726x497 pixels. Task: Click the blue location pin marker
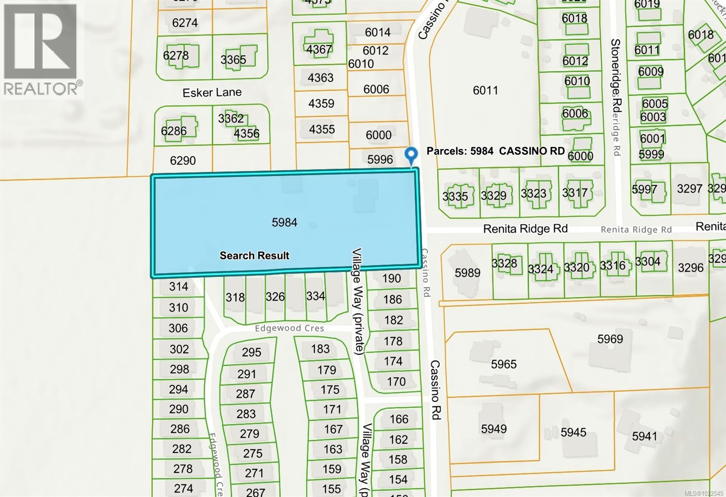coord(411,156)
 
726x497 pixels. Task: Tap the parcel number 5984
coord(285,222)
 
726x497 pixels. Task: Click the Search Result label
coord(254,255)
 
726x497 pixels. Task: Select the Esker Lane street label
coord(212,93)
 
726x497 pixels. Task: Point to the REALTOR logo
coord(42,50)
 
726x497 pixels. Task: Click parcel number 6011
coord(485,90)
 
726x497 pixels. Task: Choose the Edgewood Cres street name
coord(289,328)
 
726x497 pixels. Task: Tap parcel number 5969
coord(610,339)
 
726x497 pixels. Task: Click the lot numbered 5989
coord(467,273)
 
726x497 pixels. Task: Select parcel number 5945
coord(573,432)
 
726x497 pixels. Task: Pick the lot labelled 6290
coord(183,160)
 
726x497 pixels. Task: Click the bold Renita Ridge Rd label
coord(525,229)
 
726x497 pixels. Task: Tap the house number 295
coord(251,352)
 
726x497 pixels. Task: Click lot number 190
coord(391,278)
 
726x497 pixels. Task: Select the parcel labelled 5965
coord(504,364)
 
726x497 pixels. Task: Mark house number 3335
coord(455,196)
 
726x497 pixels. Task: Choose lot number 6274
coord(185,23)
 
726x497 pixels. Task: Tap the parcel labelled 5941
coord(644,436)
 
